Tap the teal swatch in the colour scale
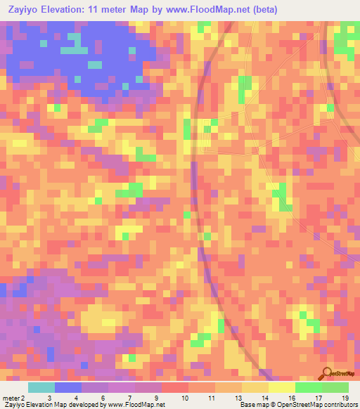(41, 387)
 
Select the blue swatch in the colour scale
(68, 387)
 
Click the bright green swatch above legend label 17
(309, 387)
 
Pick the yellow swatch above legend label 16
(282, 387)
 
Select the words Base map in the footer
(252, 405)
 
